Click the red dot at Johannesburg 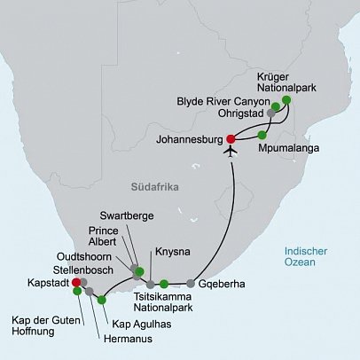point(231,138)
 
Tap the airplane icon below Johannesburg point(232,151)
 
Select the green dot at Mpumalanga point(262,136)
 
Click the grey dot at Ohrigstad point(271,114)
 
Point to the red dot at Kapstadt point(75,283)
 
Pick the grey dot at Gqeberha point(191,285)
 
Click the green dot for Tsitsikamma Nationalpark point(164,285)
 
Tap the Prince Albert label point(109,237)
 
